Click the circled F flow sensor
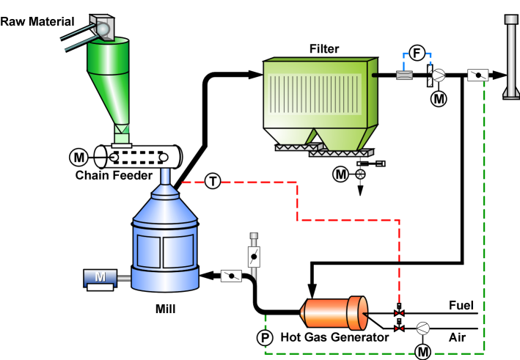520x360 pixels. coord(417,53)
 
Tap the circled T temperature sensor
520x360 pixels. coord(212,180)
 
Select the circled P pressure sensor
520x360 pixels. coord(264,337)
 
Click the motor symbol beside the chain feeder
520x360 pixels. coord(78,156)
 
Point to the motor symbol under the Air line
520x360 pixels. coord(423,351)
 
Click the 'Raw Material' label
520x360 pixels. coord(37,21)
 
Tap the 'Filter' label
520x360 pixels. coord(325,49)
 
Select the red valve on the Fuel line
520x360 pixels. coord(399,314)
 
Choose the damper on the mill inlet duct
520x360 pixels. coord(232,276)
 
